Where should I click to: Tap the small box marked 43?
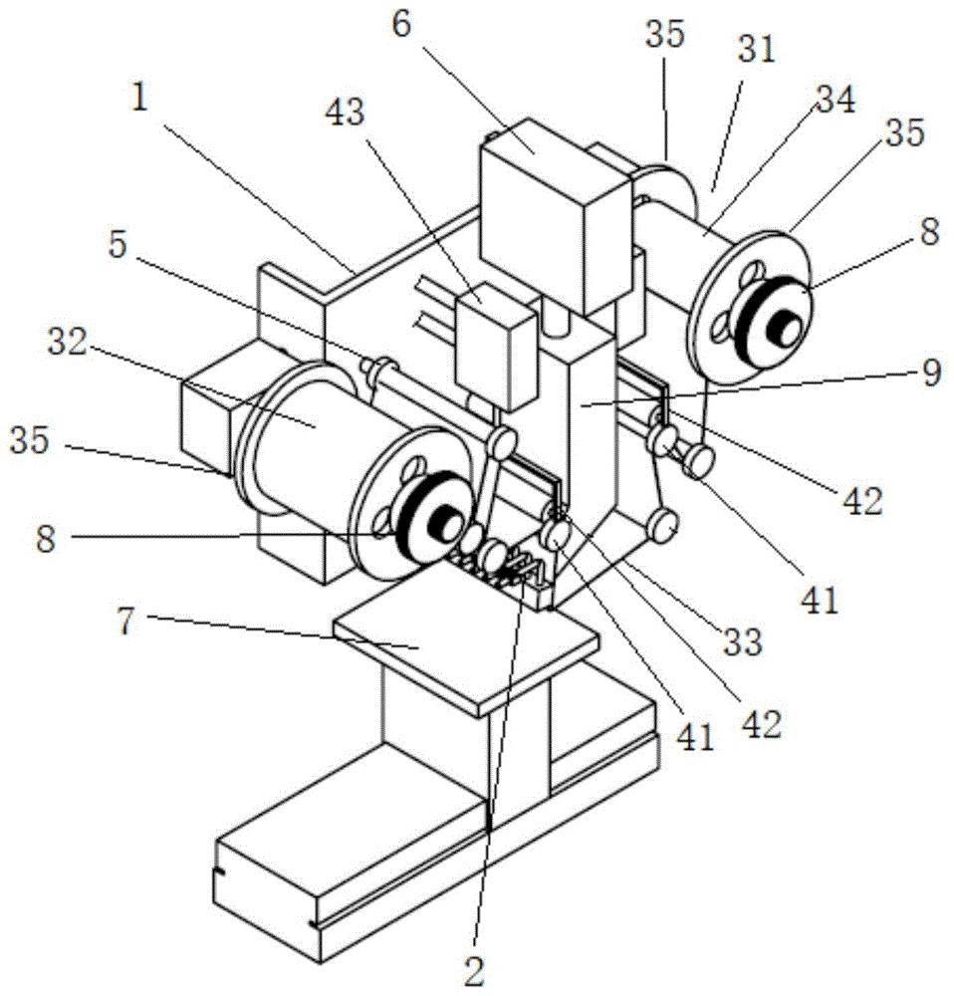click(x=495, y=349)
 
